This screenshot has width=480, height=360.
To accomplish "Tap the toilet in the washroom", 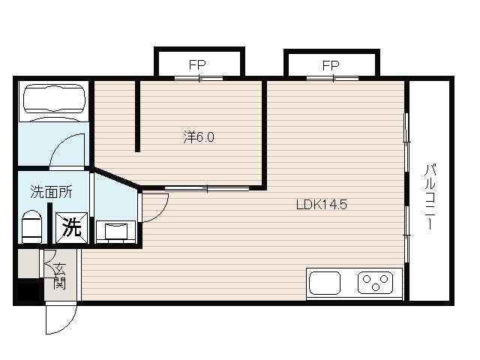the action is click(x=31, y=226).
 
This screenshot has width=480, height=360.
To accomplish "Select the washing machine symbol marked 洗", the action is click(x=72, y=228).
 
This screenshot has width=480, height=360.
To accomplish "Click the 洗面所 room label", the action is click(x=52, y=192).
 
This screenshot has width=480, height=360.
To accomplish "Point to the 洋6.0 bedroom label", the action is click(x=199, y=137).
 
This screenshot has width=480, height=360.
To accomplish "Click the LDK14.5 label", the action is click(x=322, y=205).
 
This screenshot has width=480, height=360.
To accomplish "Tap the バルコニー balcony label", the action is click(x=430, y=196).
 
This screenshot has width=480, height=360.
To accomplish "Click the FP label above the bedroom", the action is click(x=197, y=65).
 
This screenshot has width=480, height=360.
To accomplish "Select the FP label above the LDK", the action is click(x=331, y=65).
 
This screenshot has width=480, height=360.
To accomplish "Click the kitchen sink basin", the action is click(x=325, y=283).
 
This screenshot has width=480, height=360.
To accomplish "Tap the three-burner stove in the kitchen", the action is click(x=375, y=283).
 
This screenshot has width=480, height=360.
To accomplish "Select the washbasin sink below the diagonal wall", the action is click(x=116, y=232).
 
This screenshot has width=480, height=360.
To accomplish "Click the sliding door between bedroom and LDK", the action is click(x=207, y=188).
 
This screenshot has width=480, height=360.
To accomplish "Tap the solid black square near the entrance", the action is click(x=28, y=292).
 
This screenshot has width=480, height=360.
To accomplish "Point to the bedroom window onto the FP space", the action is click(x=199, y=78).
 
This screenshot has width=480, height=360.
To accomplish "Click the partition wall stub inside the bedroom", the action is click(x=138, y=116).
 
